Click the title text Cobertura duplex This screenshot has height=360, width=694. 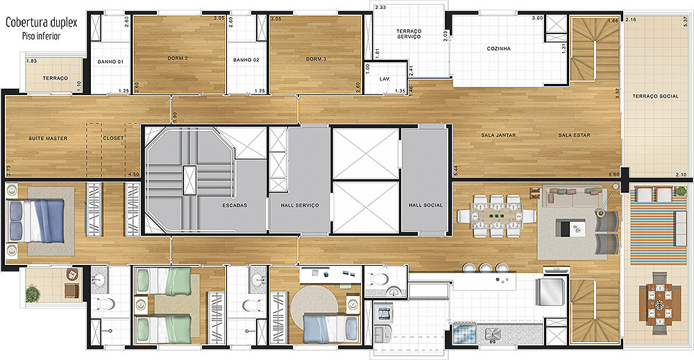click(41, 23)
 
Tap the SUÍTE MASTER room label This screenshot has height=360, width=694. click(49, 139)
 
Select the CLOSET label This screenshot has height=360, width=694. click(113, 138)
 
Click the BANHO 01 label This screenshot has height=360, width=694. click(110, 62)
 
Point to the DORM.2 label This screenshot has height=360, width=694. click(178, 58)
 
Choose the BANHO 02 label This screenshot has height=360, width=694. click(246, 60)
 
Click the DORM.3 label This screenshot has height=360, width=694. click(316, 59)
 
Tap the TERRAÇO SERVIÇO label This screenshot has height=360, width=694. click(409, 33)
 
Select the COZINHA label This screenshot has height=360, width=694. click(498, 49)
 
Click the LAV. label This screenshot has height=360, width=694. click(384, 79)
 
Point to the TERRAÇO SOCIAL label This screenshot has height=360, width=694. click(655, 96)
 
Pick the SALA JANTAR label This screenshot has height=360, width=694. click(498, 135)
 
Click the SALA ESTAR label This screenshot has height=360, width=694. click(574, 135)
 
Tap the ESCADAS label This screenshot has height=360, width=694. click(235, 205)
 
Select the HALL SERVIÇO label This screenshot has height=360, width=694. click(300, 205)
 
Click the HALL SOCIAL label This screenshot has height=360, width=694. click(425, 205)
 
